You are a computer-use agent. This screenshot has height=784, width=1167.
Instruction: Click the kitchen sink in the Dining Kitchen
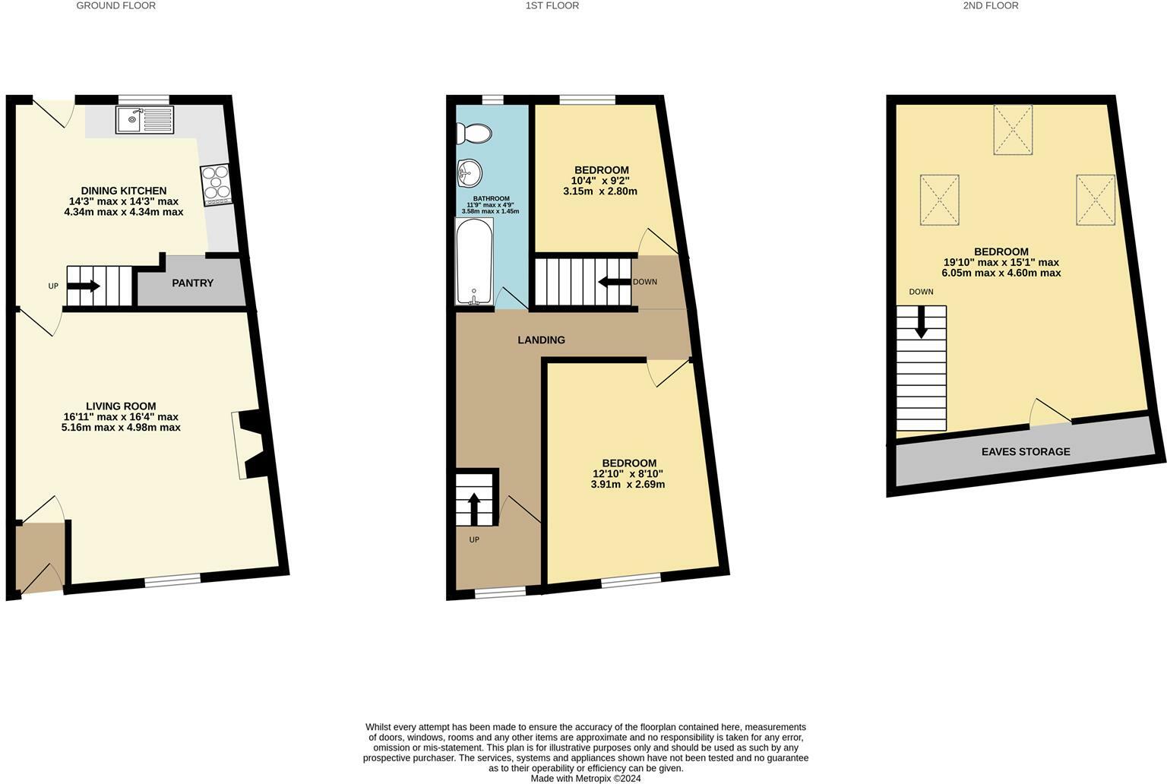[x=144, y=120]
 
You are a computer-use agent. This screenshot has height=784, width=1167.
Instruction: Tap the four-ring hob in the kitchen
[x=216, y=185]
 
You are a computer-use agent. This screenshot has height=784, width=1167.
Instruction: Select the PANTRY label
[x=192, y=283]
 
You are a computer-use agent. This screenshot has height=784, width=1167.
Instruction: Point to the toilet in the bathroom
[x=474, y=134]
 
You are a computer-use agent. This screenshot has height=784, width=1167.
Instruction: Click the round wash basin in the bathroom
[x=469, y=173]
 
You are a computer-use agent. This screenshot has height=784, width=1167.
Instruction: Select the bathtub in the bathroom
[x=474, y=261]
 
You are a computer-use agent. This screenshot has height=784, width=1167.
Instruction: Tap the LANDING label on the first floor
[x=541, y=340]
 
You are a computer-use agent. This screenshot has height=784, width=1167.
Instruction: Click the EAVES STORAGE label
[x=1025, y=451]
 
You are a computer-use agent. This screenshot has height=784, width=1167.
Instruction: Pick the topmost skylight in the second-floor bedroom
[x=1013, y=130]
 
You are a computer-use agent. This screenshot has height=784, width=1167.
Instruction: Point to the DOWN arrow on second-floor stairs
[x=921, y=322]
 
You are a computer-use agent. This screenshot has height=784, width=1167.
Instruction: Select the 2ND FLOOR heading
[x=990, y=6]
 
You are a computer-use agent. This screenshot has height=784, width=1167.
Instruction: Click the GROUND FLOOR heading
[x=115, y=6]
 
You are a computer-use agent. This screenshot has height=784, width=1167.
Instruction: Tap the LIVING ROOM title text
[x=121, y=406]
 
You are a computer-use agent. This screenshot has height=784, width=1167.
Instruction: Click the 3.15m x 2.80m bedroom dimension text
[x=599, y=191]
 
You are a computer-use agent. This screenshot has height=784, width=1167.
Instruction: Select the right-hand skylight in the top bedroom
[x=1095, y=200]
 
